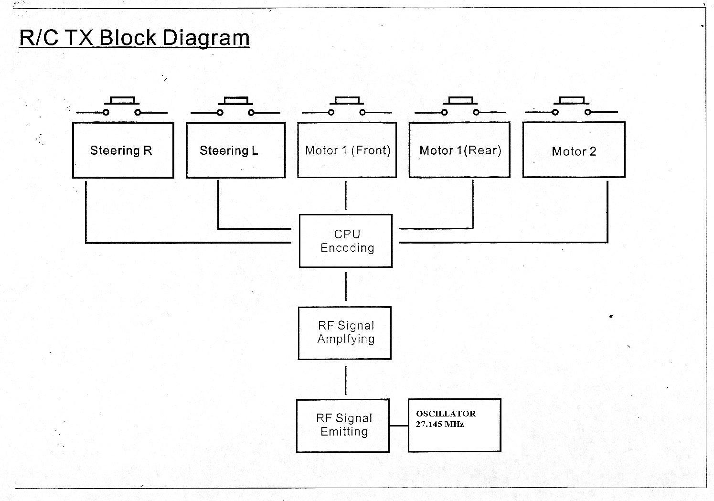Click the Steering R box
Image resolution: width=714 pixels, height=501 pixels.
(123, 150)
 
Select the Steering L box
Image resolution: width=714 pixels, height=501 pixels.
(235, 150)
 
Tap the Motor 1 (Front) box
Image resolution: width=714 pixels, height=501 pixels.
(347, 150)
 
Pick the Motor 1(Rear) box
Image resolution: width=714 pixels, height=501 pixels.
(459, 150)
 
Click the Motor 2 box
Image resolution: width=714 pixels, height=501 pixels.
(574, 150)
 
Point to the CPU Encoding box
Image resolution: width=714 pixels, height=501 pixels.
(346, 241)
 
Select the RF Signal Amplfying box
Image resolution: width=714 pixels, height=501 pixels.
(345, 333)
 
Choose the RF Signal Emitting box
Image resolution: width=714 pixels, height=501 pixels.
(343, 425)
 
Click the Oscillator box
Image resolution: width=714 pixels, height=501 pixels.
(454, 425)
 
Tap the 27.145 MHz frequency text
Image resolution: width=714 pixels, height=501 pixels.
(439, 424)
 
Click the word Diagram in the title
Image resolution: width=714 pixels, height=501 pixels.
(205, 38)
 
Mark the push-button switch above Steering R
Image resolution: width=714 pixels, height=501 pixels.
(122, 107)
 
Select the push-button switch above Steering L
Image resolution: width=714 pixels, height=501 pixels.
(235, 107)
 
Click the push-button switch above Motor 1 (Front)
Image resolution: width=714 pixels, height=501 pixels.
(347, 107)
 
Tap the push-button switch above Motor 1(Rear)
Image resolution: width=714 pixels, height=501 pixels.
(460, 107)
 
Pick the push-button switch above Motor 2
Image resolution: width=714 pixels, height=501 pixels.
(571, 107)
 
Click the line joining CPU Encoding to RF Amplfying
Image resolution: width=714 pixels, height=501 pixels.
(346, 287)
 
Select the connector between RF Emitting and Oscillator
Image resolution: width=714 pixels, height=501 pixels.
(399, 426)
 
